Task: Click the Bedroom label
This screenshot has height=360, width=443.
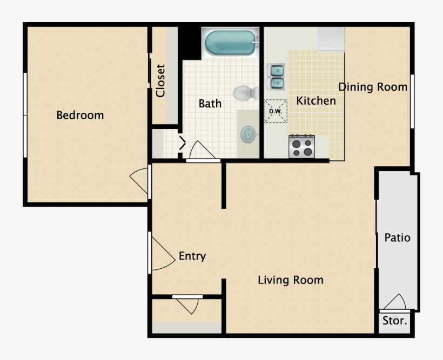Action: point(80,115)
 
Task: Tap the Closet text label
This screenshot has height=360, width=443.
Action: point(160,81)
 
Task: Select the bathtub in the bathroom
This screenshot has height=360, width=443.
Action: point(231,43)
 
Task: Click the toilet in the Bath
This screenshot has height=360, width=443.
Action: point(246,93)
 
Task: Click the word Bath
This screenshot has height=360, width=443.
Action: point(210,103)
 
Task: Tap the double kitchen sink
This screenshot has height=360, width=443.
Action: point(277,77)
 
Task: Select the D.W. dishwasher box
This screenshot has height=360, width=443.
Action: point(276,112)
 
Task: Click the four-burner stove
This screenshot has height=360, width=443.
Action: point(301,146)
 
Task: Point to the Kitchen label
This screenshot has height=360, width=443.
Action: point(316,100)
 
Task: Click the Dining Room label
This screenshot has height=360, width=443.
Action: point(373,87)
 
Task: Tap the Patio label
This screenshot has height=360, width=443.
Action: point(397,237)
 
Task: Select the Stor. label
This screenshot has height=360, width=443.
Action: point(395,321)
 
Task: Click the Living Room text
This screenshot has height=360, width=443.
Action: point(290,280)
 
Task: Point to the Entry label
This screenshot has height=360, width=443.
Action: point(192,256)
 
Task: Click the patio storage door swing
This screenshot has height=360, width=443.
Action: point(395,302)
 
